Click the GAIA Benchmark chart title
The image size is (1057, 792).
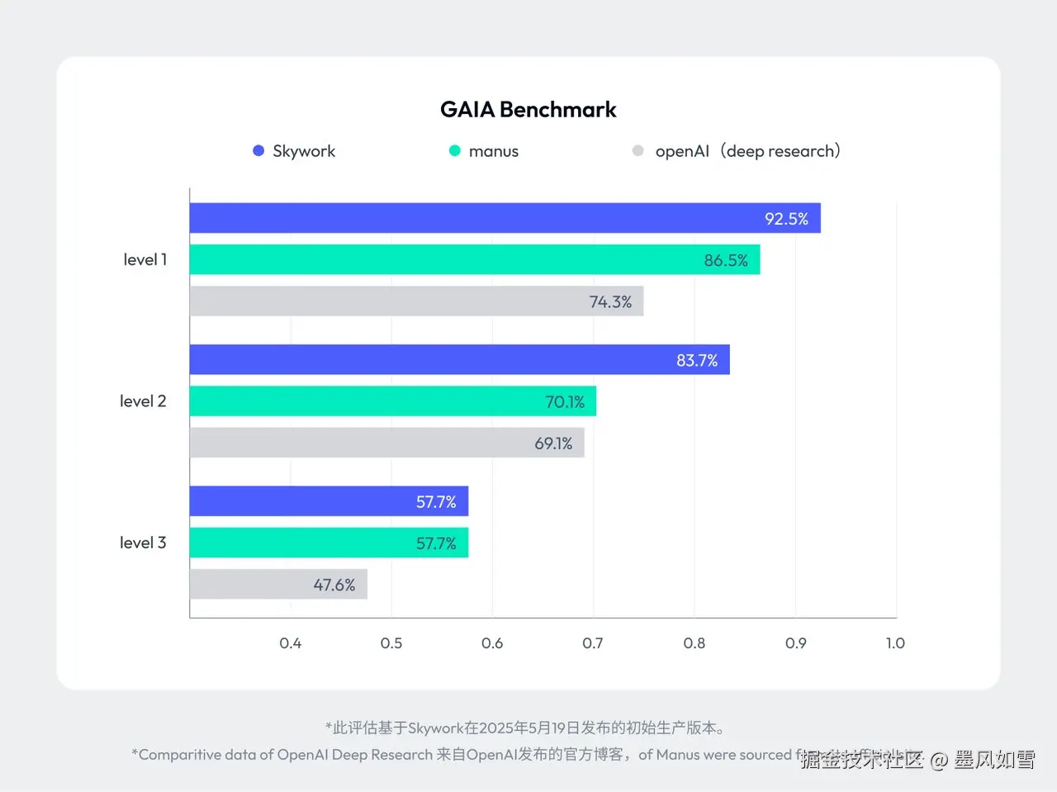528,109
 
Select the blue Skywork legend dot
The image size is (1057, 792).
258,150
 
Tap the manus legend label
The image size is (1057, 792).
493,151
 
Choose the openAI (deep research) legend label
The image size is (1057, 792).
747,151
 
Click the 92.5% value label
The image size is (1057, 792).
786,219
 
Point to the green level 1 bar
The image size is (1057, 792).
474,259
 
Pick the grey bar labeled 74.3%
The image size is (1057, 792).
416,301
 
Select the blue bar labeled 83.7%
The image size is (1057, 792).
459,360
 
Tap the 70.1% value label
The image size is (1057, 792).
565,402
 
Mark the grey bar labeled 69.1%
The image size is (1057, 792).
386,443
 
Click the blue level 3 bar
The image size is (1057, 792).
329,501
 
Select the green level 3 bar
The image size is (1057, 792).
329,543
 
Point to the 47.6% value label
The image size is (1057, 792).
334,585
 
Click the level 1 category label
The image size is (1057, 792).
145,259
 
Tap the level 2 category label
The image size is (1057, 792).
143,401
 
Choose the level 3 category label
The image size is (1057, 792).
143,543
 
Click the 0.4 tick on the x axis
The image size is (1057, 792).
291,643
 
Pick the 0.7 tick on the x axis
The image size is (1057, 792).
593,643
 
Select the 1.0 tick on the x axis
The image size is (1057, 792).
895,643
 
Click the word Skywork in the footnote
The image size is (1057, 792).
435,728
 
